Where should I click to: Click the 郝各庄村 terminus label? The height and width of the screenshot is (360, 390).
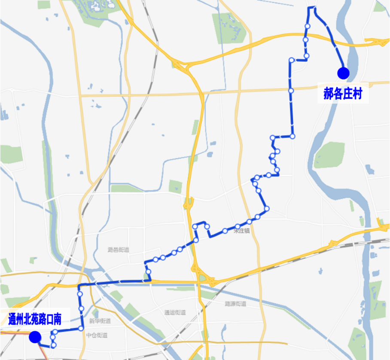tap(343, 94)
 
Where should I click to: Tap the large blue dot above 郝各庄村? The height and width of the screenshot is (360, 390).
tap(343, 73)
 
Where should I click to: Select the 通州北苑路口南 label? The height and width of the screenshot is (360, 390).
tap(35, 319)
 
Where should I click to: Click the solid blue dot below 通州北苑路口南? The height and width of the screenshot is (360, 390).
tap(35, 337)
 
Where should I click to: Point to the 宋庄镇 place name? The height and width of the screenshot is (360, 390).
tap(241, 231)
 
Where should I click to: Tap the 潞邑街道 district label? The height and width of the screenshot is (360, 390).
tap(119, 250)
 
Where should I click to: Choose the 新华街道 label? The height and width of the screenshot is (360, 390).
tap(100, 321)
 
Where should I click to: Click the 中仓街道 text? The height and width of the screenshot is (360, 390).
tap(97, 335)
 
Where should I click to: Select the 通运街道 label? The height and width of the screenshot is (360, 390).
tap(175, 312)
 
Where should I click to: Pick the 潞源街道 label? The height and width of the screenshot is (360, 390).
tap(235, 304)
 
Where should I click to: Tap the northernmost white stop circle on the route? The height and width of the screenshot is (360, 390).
tap(308, 27)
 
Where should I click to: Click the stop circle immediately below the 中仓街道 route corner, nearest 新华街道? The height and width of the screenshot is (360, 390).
tap(81, 328)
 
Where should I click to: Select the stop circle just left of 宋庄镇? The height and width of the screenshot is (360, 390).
tap(225, 231)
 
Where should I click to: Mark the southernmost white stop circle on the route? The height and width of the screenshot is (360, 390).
tap(53, 345)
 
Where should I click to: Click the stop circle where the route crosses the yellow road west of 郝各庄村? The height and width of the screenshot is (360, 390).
tap(291, 91)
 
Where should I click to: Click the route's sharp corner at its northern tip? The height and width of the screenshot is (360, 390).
tap(312, 8)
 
